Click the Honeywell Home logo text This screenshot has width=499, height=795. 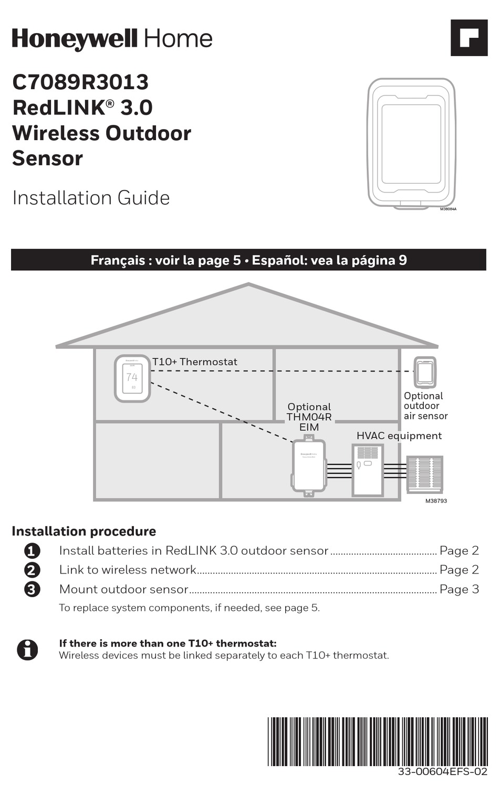112,39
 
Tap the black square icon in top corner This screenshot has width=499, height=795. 469,37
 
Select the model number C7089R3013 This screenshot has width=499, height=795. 80,82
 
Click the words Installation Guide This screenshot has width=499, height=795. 91,198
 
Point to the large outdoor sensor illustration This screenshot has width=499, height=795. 411,143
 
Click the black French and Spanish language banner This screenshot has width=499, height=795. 248,260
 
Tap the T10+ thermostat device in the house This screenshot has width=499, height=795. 132,378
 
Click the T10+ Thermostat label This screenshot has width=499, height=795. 195,362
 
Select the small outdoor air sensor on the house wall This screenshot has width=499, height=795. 424,372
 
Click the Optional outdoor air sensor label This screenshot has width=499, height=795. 425,406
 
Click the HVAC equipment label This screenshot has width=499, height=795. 399,436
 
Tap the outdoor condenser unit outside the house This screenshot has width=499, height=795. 425,474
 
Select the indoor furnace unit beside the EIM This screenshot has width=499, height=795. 367,470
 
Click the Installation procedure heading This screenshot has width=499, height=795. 84,531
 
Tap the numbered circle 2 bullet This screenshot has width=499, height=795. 32,570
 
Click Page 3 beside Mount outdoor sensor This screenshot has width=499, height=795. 459,589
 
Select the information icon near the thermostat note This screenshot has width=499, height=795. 27,650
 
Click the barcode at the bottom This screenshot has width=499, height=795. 377,741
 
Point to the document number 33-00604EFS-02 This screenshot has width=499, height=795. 442,772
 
